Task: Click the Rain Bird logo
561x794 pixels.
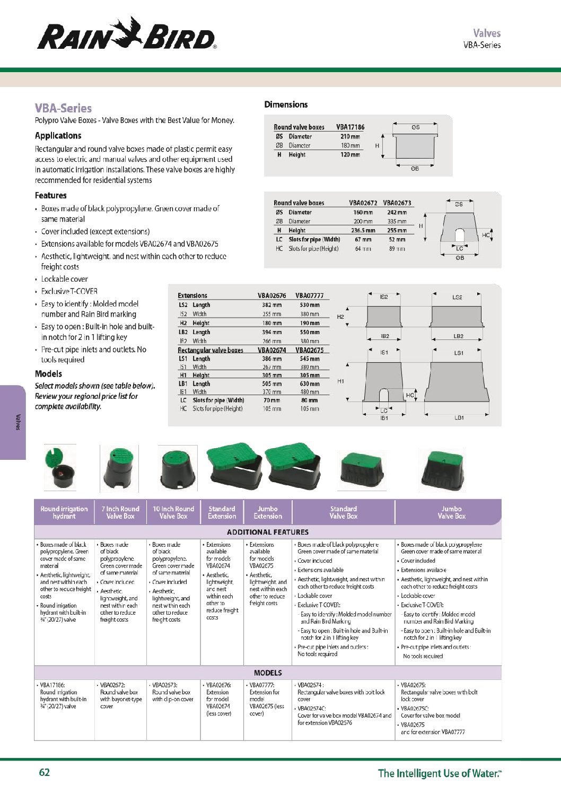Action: click(127, 34)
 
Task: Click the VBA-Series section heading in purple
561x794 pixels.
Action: click(63, 108)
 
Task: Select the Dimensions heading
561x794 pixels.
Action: click(286, 104)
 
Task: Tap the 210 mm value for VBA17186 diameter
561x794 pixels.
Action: click(350, 136)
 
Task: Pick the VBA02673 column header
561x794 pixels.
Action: click(397, 203)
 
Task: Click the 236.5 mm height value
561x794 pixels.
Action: click(363, 230)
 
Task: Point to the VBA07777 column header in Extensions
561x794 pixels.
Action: click(309, 295)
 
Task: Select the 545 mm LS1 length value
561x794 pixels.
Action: click(310, 359)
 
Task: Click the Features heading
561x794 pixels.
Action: click(51, 195)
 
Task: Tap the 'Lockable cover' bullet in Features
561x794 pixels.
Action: click(65, 279)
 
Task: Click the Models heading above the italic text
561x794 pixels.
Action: click(48, 373)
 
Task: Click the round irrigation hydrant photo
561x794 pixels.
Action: click(60, 467)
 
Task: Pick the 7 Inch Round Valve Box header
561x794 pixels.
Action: click(120, 512)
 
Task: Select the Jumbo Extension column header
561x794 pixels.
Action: click(268, 512)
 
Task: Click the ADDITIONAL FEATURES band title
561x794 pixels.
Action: click(267, 532)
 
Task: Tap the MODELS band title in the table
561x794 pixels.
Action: click(268, 673)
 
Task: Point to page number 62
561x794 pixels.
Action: click(45, 772)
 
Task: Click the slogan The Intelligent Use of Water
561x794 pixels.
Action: click(439, 773)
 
